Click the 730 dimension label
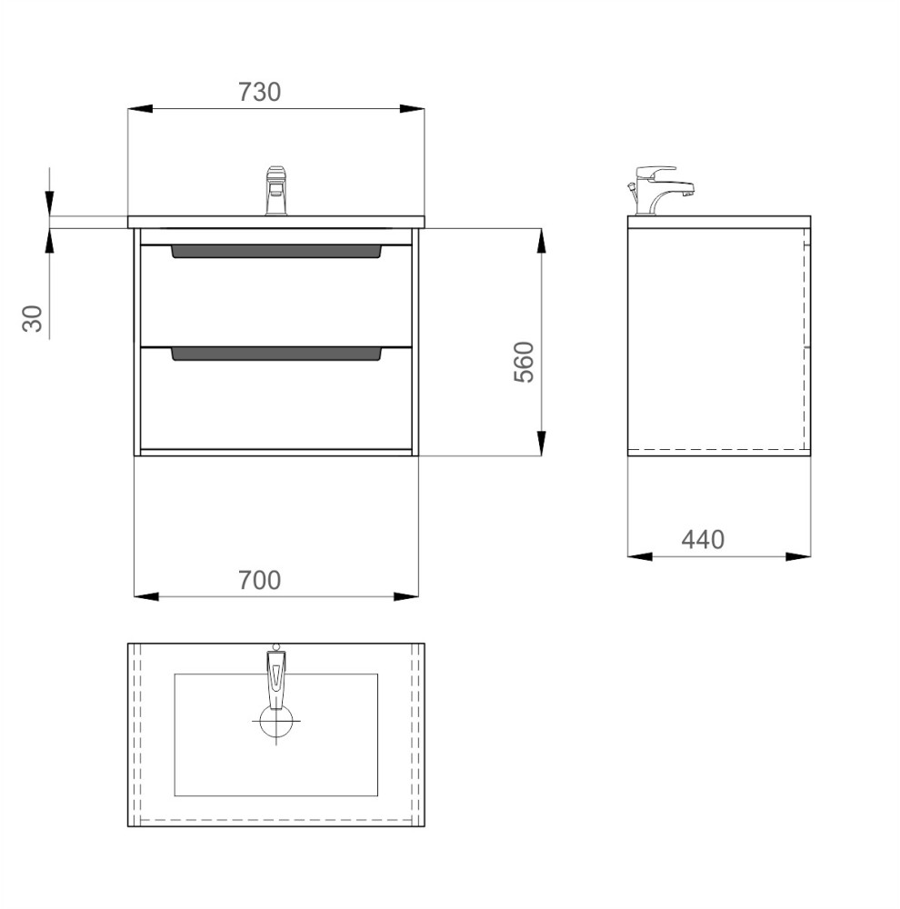tap(259, 92)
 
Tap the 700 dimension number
tap(259, 580)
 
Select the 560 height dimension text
tap(524, 362)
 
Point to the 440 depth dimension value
tap(703, 540)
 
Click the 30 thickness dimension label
tap(33, 318)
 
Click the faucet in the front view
tap(276, 191)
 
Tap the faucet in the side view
tap(661, 190)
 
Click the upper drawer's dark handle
tap(276, 251)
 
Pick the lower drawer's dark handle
tap(276, 354)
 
